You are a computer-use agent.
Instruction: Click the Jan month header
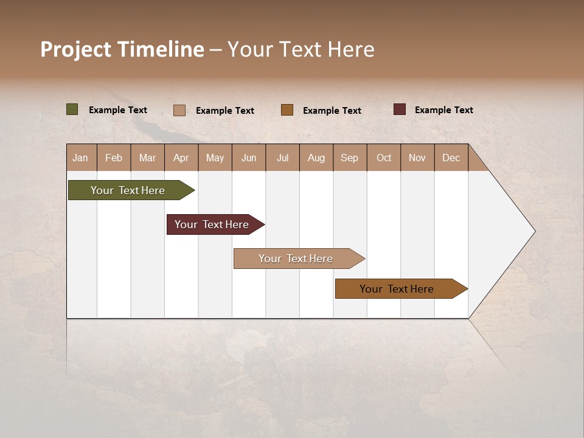tap(81, 158)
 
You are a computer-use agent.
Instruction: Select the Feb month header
tap(114, 158)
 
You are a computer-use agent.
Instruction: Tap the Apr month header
tap(181, 158)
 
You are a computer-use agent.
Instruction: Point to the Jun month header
tap(249, 158)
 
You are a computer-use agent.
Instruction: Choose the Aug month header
tap(316, 158)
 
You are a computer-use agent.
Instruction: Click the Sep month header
tap(350, 158)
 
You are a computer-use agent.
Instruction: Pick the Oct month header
tap(384, 158)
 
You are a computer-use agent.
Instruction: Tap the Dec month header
tap(451, 158)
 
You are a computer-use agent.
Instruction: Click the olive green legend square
tap(72, 109)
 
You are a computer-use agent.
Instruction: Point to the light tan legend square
tap(179, 110)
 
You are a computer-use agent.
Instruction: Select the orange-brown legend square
tap(287, 109)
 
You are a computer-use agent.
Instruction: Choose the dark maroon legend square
tap(400, 109)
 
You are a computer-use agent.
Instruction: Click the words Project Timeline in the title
tap(122, 49)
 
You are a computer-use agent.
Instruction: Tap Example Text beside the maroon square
tap(443, 110)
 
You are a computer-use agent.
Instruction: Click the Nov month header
tap(417, 158)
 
